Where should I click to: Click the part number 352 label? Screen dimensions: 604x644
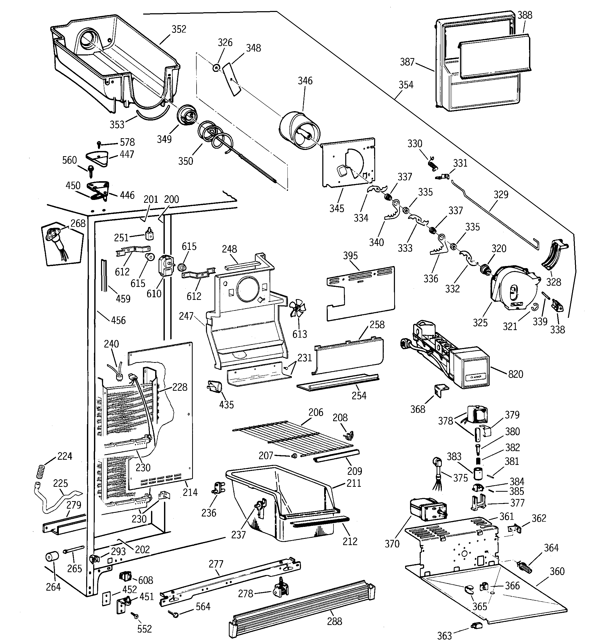point(179,29)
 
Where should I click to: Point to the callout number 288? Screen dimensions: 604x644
point(334,621)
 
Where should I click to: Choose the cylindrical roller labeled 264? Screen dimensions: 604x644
point(52,557)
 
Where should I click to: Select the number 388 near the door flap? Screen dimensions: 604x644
point(525,15)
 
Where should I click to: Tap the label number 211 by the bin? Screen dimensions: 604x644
point(354,483)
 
